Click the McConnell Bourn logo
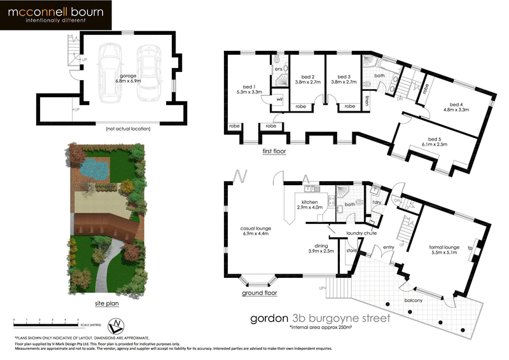coord(56,16)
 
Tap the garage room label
coord(128,79)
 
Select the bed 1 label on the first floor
coord(249,89)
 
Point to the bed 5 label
coord(435,141)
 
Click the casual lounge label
coord(256,230)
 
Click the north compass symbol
coord(114,326)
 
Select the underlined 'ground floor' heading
coord(260,294)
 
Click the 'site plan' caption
coord(106,303)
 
